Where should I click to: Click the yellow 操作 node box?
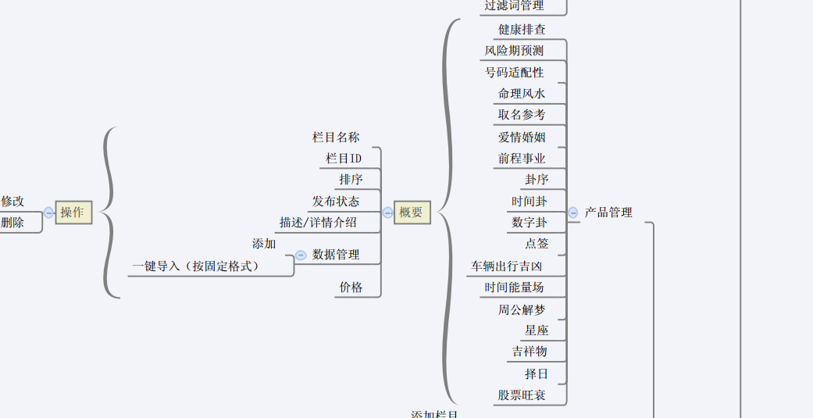73,213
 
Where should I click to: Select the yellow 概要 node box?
412,213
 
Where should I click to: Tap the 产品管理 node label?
608,213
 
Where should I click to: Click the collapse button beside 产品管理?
573,213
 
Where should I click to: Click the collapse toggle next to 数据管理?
301,255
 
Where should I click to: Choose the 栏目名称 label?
336,138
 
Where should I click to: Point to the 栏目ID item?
344,159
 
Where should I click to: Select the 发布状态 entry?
336,202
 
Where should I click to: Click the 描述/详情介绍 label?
318,223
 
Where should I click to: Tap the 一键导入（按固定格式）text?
195,266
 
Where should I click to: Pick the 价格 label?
351,288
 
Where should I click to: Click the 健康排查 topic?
522,30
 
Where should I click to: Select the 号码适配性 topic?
514,73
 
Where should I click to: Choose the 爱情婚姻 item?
522,138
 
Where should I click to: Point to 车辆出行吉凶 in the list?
506,266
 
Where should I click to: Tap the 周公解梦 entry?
522,309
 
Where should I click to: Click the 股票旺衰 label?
522,395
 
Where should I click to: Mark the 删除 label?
12,223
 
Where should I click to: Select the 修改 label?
12,202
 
